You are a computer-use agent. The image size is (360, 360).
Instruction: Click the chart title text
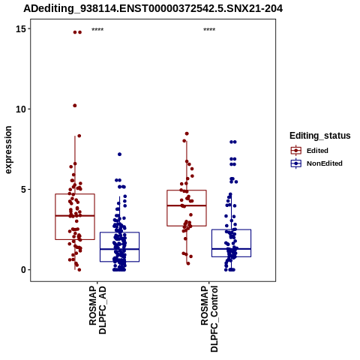click(x=153, y=8)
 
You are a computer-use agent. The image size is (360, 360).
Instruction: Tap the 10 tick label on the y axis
click(x=21, y=109)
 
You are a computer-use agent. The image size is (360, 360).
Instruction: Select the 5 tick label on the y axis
click(x=23, y=190)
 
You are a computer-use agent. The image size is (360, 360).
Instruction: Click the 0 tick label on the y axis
click(x=23, y=270)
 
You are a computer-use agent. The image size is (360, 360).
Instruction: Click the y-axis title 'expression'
click(x=8, y=150)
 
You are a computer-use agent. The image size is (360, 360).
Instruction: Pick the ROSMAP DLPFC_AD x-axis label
click(x=97, y=310)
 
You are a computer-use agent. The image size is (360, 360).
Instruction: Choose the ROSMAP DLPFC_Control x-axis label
click(x=209, y=319)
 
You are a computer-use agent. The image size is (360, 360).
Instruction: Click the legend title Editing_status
click(x=320, y=136)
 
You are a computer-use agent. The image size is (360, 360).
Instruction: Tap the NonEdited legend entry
click(x=316, y=163)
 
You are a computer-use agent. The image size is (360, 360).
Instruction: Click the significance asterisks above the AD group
click(x=97, y=30)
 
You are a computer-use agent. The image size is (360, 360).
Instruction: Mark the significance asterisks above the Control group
click(x=209, y=30)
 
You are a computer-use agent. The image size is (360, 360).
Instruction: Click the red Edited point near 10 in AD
click(x=75, y=106)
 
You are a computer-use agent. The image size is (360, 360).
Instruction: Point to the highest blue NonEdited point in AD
click(x=119, y=154)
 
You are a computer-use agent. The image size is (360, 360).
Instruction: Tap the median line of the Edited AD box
click(x=75, y=215)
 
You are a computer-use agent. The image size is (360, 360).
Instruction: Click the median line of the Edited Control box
click(x=187, y=205)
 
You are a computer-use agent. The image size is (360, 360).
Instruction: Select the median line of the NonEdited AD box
click(x=119, y=249)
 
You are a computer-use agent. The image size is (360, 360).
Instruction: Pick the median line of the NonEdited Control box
click(x=231, y=249)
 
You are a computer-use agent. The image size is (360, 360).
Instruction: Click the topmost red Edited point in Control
click(x=187, y=133)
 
